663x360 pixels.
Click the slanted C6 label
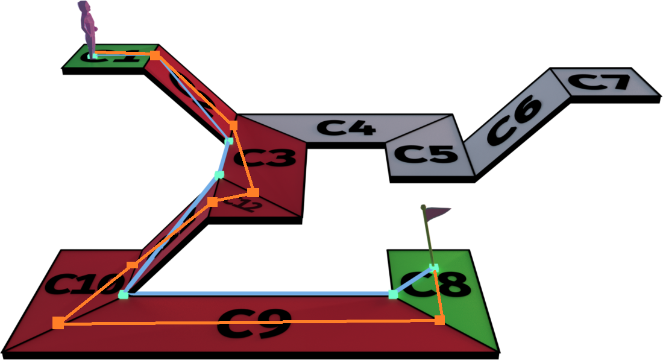[514, 119]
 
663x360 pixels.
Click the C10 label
[78, 285]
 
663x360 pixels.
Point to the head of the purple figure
[84, 7]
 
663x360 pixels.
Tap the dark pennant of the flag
[438, 212]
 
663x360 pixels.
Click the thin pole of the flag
[429, 238]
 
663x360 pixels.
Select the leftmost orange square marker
[58, 323]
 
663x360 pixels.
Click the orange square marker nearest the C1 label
[155, 55]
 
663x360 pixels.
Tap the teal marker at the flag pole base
[433, 267]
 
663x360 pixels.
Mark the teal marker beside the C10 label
[124, 294]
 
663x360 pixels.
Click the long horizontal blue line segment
[259, 294]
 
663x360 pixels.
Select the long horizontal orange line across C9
[253, 322]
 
